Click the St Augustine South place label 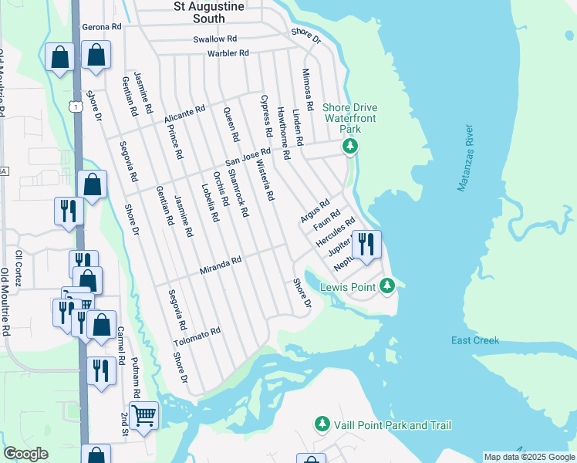click(x=199, y=12)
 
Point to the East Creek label click(x=475, y=340)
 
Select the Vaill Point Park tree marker click(x=322, y=424)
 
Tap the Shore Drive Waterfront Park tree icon click(x=351, y=146)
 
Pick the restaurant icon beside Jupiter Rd click(x=366, y=245)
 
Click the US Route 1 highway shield click(x=75, y=106)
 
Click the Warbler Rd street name click(x=228, y=53)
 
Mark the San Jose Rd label click(x=248, y=157)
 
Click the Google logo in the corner click(x=25, y=454)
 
